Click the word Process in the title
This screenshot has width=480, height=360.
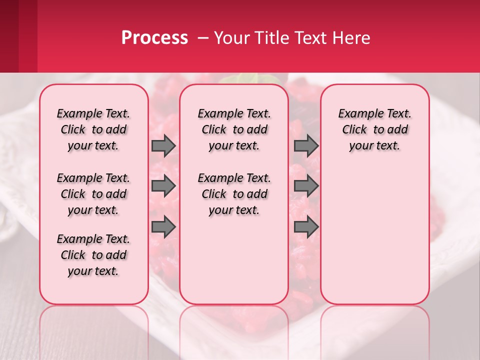pos(154,38)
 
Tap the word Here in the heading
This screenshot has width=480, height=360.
pos(351,38)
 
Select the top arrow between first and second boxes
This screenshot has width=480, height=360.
pos(163,145)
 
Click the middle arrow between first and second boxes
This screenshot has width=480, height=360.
pos(163,186)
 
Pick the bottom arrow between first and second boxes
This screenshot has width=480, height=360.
pos(163,227)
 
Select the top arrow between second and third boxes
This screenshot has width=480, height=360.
pos(306,145)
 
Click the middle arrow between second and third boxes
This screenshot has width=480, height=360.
pos(306,186)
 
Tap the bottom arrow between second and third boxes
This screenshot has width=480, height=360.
pos(306,227)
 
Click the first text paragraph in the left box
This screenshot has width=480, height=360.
pos(93,129)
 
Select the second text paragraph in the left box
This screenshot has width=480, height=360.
pos(93,194)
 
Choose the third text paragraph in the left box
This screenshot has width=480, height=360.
pos(93,255)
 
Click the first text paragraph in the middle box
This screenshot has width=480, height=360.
pos(234,129)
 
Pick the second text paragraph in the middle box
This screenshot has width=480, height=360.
pos(234,194)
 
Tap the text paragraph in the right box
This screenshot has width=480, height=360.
pos(374,129)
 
